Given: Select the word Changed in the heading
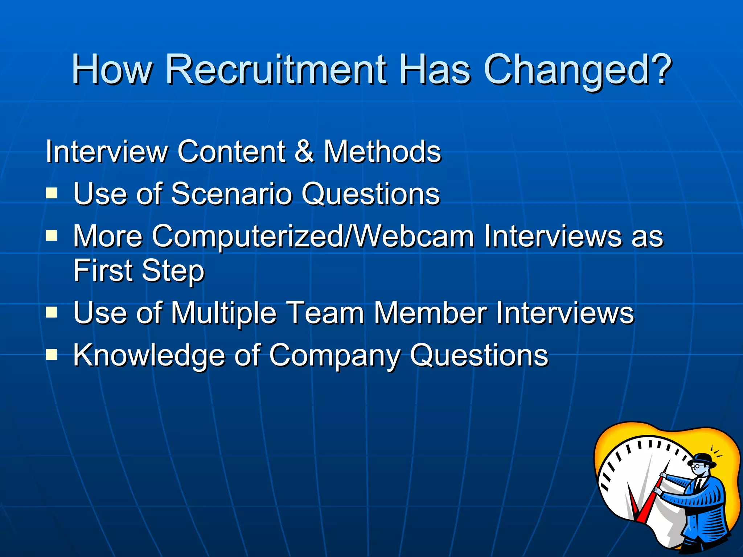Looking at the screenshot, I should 566,70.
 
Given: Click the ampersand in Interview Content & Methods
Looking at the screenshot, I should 304,151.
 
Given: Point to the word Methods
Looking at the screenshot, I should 382,151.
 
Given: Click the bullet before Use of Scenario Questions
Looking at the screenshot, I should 52,193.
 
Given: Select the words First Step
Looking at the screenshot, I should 139,271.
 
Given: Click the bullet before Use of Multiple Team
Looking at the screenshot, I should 52,312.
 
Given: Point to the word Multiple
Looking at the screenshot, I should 223,313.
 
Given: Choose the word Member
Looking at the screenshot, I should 430,313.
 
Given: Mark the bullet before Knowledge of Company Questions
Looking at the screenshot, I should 52,355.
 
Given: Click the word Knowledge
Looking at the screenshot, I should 149,355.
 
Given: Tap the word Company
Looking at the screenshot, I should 334,355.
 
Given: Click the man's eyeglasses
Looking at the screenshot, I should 697,466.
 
